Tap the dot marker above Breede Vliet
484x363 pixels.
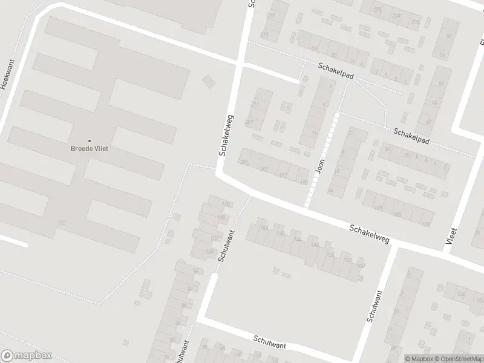point(90,141)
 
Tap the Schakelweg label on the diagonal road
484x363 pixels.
point(368,234)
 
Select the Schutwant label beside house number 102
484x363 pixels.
point(225,246)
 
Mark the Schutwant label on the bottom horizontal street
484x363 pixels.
point(270,341)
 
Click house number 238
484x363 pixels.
point(378,10)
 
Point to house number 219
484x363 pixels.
point(270,16)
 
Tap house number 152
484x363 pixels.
point(264,228)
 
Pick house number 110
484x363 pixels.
point(226,204)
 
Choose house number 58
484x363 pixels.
point(449,37)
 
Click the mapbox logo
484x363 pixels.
point(27,356)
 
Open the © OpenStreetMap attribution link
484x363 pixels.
point(457,359)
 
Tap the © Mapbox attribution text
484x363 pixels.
point(419,359)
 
